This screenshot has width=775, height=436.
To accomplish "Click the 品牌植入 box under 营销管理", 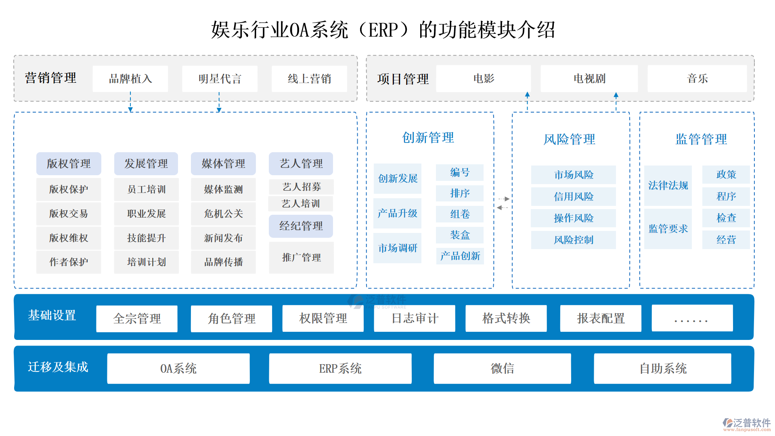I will coord(130,79).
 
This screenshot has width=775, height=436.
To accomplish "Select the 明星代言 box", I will coord(220,79).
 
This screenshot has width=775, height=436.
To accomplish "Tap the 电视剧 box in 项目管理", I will coord(589,79).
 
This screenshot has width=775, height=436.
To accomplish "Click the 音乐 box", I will coord(697,79).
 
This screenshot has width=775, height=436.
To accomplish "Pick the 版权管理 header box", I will coord(69,163).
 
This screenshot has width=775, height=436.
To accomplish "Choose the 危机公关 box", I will coord(223,214).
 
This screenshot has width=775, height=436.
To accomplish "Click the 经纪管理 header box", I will coord(301,226).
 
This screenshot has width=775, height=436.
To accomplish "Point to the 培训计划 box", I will coord(146,262).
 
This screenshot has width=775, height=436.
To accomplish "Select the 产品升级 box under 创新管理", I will coord(398,213).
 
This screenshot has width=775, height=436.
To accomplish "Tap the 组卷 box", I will coord(460,214).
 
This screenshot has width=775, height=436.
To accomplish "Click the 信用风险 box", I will coord(573,197).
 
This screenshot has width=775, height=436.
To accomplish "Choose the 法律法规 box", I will coord(668,185).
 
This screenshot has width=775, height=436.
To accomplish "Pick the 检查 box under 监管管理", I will coord(726,218).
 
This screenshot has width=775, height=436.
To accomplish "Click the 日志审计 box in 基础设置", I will coord(415,319).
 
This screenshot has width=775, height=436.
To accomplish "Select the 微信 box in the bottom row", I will coord(502,368).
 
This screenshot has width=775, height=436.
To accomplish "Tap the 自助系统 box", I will coord(662,368).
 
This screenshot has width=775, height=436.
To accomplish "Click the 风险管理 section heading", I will coord(569,139).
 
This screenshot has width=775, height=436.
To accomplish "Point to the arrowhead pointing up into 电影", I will coord(527,95).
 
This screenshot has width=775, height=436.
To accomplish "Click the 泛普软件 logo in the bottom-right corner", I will coord(747,423).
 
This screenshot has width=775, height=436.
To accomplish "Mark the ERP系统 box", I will coord(340,368).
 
